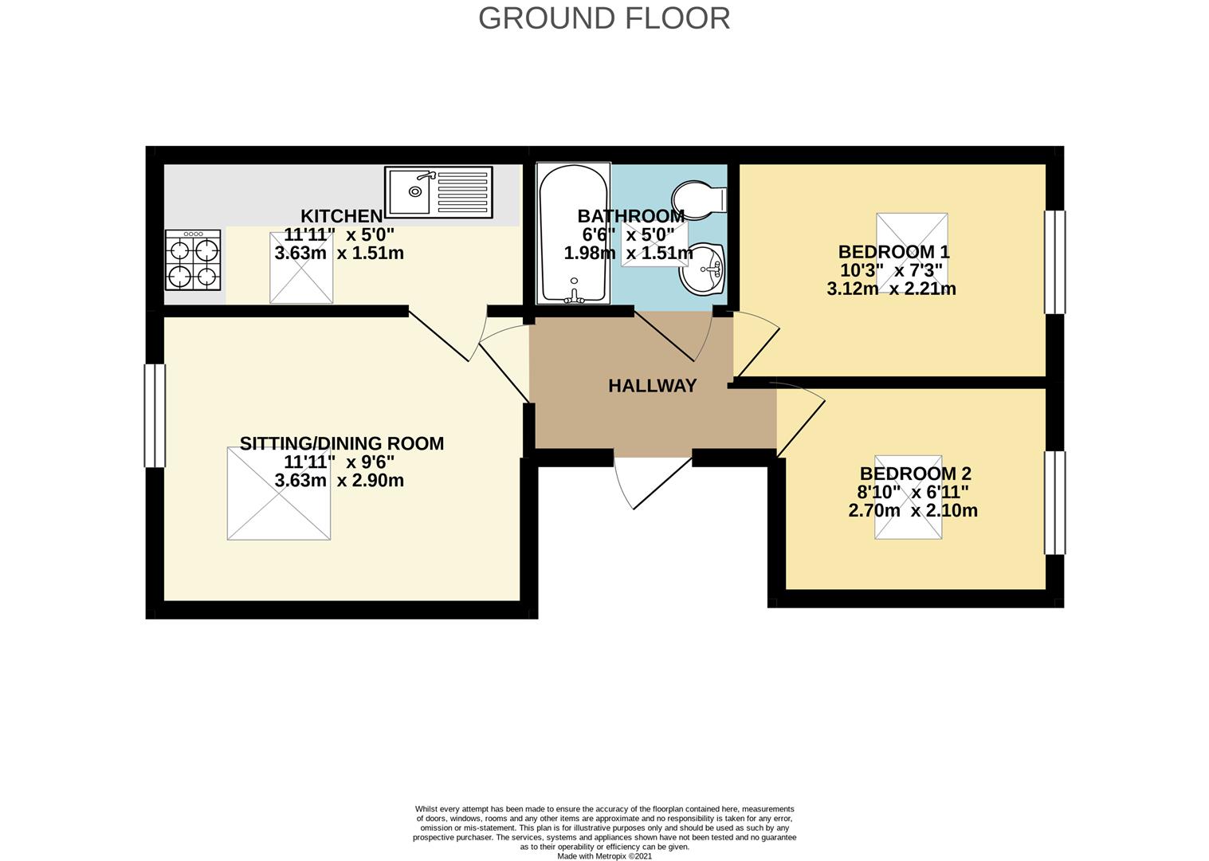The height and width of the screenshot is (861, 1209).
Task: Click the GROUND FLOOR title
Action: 604,18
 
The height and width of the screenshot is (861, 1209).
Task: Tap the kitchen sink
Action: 438,191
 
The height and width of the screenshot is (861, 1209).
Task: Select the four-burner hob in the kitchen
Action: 193,260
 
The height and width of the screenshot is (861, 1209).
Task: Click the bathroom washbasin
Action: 703,269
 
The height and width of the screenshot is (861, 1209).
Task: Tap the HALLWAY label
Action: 652,386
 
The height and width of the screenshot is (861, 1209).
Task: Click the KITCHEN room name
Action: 341,216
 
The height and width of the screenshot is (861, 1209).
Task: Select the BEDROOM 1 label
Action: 893,252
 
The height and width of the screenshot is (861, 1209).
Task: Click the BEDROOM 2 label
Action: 915,474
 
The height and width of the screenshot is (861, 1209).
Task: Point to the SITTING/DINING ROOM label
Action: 342,443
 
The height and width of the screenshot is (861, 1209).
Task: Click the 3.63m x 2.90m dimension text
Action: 339,481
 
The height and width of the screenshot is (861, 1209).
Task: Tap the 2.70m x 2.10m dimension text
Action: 913,510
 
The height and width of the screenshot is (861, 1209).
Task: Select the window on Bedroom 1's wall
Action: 1054,262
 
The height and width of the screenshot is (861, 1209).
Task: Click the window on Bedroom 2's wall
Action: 1054,502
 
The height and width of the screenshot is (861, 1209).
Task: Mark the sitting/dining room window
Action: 154,415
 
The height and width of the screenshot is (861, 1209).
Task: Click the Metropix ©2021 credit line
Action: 604,856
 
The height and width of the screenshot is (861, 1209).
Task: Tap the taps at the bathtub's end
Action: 573,298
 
